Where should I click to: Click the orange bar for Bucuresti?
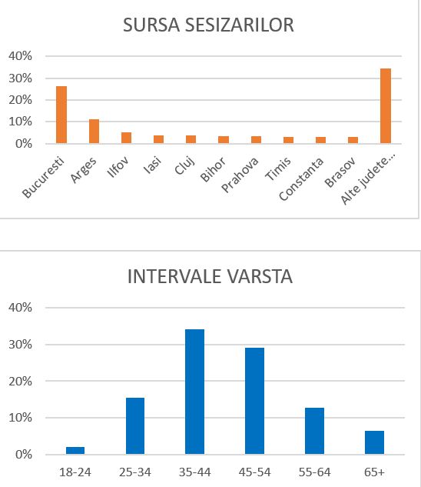tap(61, 115)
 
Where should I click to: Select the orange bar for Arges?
tap(94, 131)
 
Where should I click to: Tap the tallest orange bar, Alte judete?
tap(386, 106)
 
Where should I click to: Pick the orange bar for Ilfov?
tap(126, 138)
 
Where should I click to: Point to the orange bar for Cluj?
tap(191, 139)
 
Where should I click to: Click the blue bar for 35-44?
tap(195, 392)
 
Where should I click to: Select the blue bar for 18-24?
tap(75, 450)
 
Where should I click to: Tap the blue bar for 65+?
tap(374, 442)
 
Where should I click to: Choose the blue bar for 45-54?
tap(255, 401)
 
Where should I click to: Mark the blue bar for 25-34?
tap(135, 425)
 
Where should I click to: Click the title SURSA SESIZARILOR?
tap(208, 25)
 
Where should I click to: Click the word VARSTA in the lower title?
tap(259, 276)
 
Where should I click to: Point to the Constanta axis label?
tap(301, 179)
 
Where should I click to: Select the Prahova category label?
tap(240, 175)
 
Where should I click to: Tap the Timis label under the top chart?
tap(278, 168)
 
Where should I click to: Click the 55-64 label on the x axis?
tap(314, 472)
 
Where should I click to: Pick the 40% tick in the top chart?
tap(20, 56)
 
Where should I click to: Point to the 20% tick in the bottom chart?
tap(20, 381)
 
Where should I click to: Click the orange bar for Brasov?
tap(353, 140)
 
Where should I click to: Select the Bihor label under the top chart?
tap(213, 169)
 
